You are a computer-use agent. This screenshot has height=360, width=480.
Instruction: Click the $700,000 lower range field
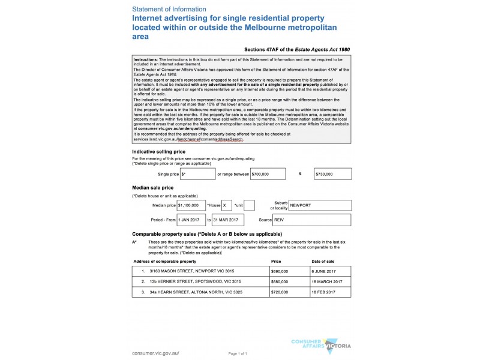click(x=274, y=173)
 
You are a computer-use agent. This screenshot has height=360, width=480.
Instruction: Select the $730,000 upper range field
click(x=332, y=173)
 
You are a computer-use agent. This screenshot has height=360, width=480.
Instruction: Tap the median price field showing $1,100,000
click(x=191, y=205)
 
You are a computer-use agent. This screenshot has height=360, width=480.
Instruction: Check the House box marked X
click(x=227, y=205)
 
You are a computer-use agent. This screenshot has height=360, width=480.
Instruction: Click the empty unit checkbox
click(x=250, y=205)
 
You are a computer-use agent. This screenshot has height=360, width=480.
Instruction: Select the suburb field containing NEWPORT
click(x=319, y=205)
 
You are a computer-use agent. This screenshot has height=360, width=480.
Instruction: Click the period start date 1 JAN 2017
click(x=191, y=220)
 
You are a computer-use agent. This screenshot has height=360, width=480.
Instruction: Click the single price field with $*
click(x=197, y=173)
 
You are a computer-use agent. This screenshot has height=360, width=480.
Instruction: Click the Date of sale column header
click(x=323, y=262)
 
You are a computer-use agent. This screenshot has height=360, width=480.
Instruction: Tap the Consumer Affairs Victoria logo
click(x=320, y=346)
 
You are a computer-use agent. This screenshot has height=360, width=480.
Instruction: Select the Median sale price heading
click(x=152, y=188)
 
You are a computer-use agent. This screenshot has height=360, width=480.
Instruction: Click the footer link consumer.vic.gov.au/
click(x=155, y=353)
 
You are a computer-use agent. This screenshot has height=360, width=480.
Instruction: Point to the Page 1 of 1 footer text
click(x=238, y=354)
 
